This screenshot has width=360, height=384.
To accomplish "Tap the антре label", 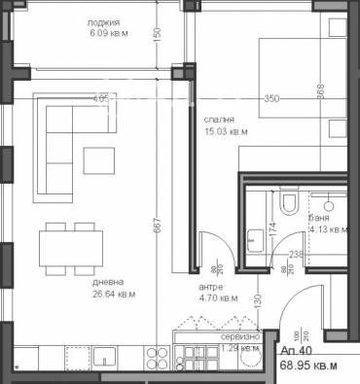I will coord(210,287).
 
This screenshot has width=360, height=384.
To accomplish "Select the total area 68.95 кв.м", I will coord(306,367).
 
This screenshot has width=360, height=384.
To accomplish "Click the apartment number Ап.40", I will coord(296,353).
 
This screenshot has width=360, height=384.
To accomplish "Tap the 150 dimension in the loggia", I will coord(157,32).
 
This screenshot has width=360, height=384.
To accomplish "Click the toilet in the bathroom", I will coord(288,202).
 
